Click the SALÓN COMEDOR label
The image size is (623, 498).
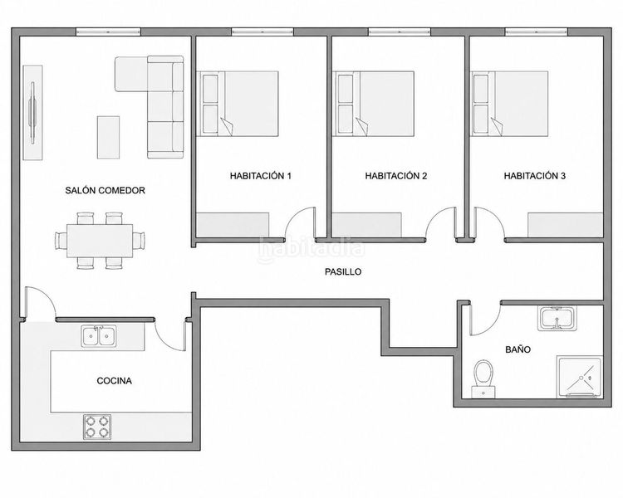(x=105, y=190)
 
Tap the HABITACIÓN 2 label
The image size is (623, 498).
(x=395, y=175)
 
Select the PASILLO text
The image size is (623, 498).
(x=343, y=271)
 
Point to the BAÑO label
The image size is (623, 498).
(x=518, y=349)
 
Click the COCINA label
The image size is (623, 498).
(x=114, y=380)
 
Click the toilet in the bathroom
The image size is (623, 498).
(x=483, y=378)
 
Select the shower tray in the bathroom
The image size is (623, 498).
(x=579, y=376)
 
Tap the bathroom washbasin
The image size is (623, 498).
(x=557, y=318)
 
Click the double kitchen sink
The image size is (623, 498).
(x=99, y=336)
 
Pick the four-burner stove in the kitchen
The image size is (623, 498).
(x=97, y=427)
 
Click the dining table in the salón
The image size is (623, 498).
(x=100, y=241)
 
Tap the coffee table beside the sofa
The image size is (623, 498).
(x=109, y=138)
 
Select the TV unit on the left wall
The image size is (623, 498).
(x=32, y=113)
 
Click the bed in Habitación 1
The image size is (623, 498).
(x=238, y=104)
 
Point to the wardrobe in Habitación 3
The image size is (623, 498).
(x=566, y=225)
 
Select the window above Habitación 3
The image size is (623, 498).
(x=537, y=32)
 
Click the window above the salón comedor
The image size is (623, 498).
(x=108, y=32)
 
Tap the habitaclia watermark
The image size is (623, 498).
(x=311, y=249)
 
